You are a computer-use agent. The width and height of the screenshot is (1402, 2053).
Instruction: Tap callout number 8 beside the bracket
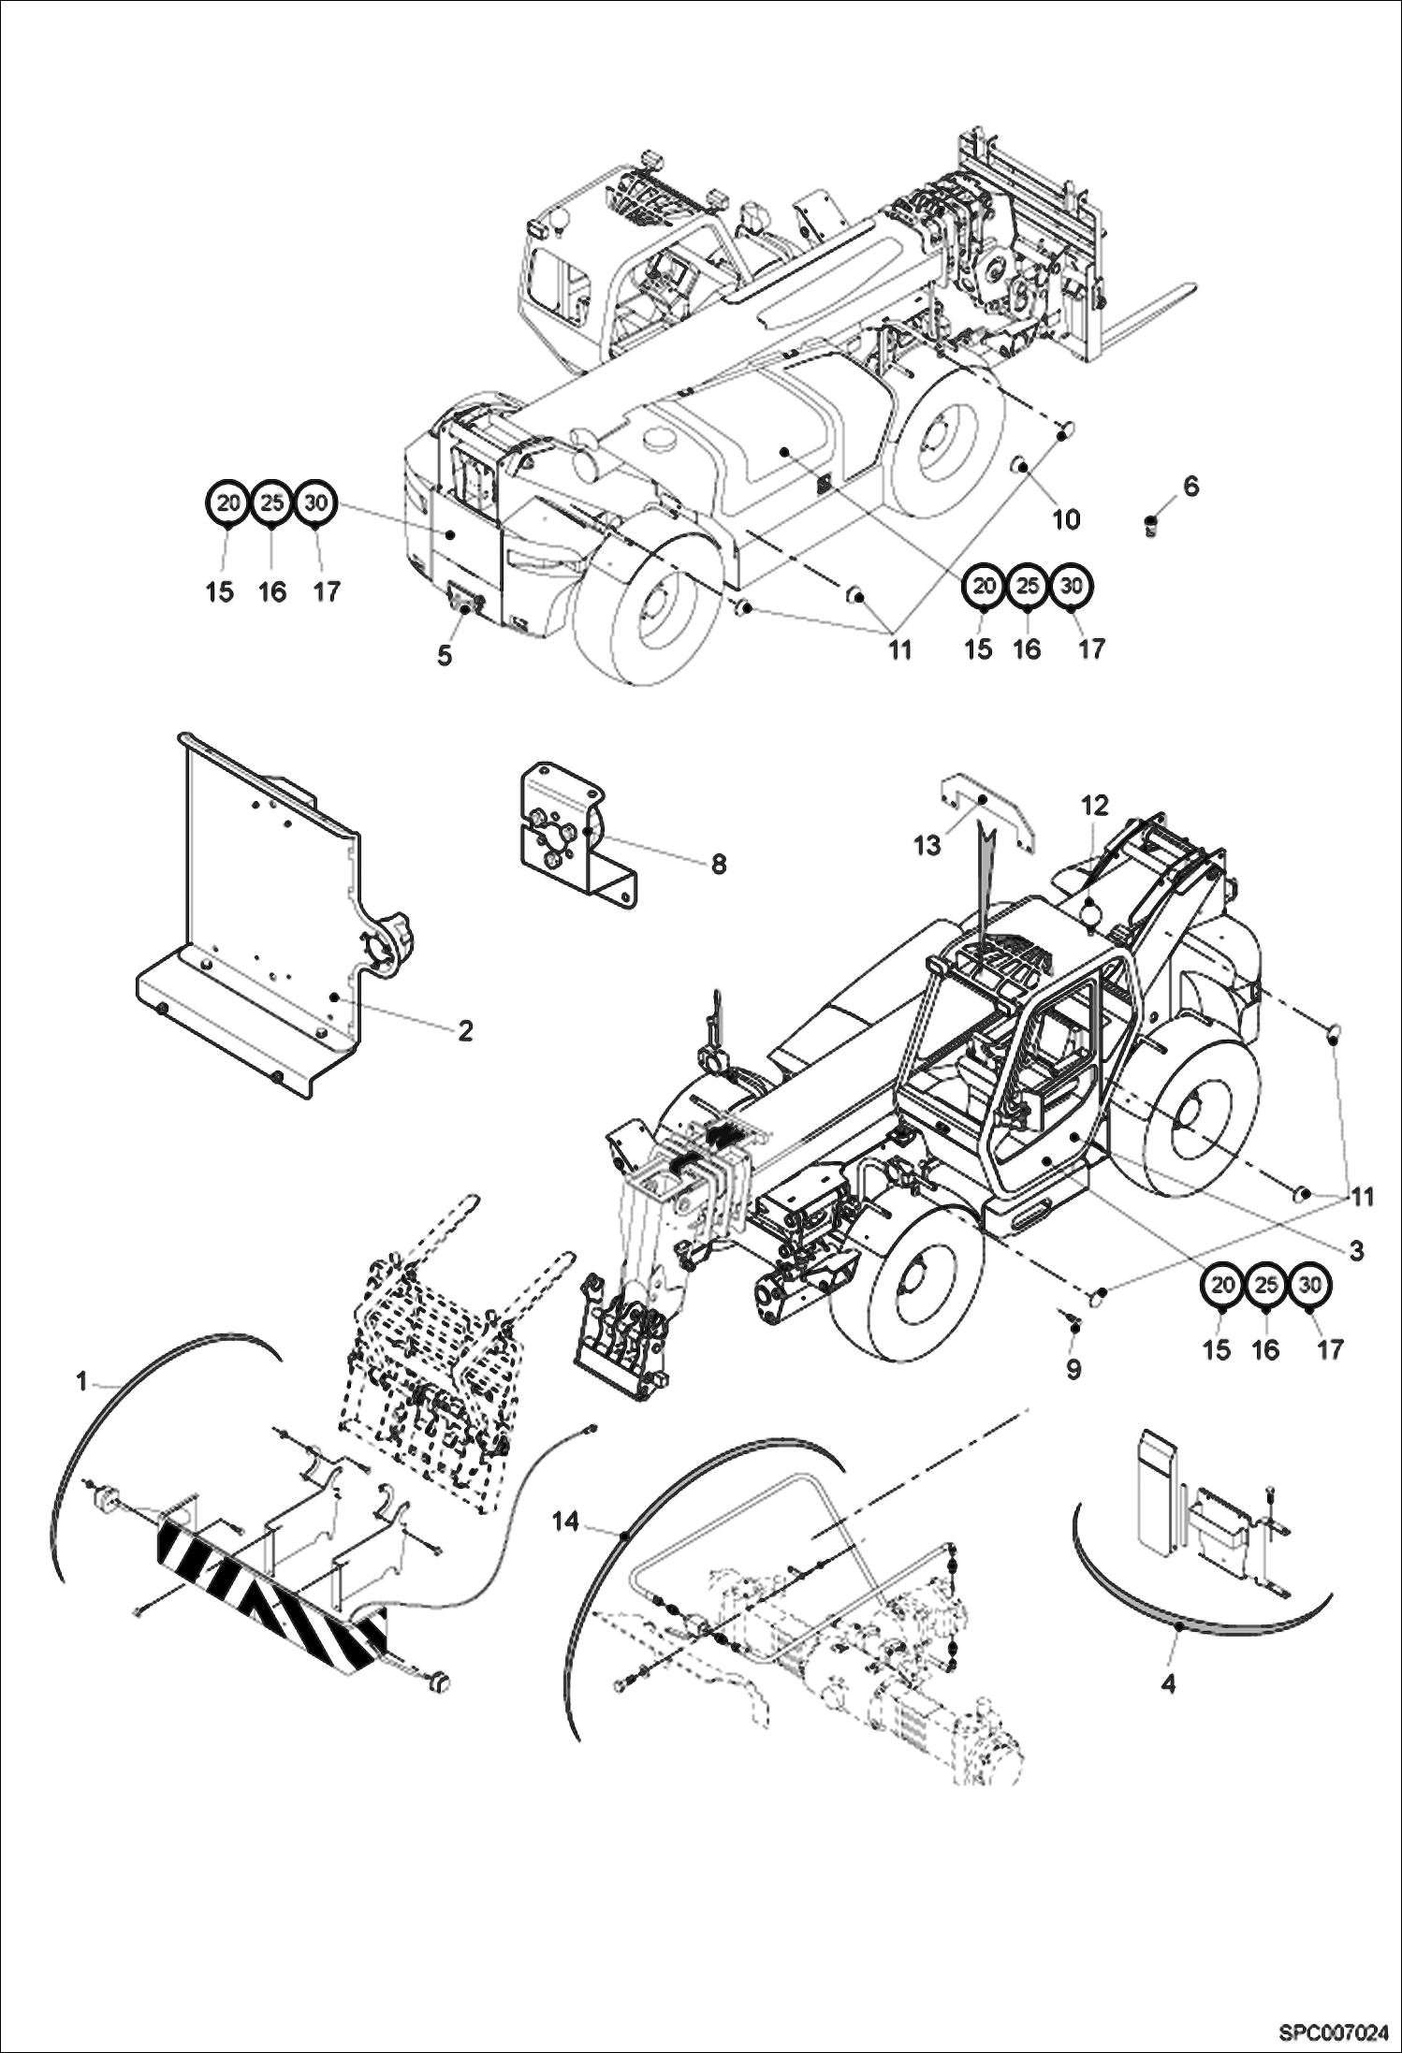pos(718,864)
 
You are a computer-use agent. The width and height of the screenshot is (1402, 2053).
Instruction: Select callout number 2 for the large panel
pos(465,1030)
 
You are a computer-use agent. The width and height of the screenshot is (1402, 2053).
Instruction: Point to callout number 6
pos(1190,486)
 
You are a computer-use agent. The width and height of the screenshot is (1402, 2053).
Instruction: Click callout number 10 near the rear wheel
pos(1066,519)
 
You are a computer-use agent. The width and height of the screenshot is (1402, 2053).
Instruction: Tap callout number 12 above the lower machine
pos(1095,805)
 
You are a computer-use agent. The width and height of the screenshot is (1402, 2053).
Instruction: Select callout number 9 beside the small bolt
pos(1073,1369)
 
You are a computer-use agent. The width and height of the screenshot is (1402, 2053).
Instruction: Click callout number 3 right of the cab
pos(1356,1250)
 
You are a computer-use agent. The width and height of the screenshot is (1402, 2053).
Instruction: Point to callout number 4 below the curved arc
pos(1168,1684)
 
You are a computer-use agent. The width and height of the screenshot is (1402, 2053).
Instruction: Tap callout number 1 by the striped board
pos(82,1381)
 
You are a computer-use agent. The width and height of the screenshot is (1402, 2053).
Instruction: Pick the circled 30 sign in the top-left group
pos(316,502)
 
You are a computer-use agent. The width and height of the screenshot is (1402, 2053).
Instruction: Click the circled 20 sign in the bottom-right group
pos(1221,1286)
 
